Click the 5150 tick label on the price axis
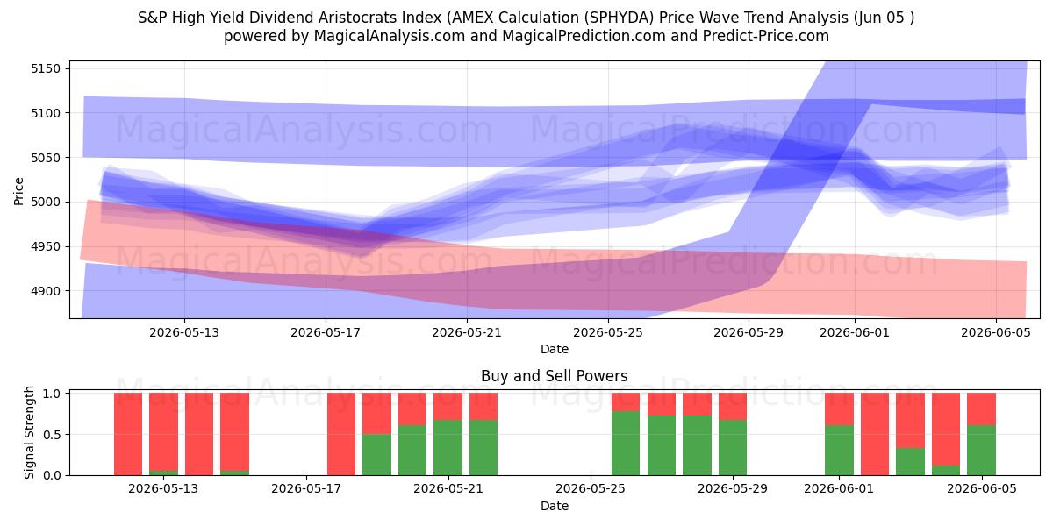click(46, 68)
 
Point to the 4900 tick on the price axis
click(46, 291)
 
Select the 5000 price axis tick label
click(46, 202)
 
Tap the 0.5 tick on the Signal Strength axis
click(52, 435)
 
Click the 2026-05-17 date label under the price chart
click(326, 332)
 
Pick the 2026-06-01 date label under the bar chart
click(839, 488)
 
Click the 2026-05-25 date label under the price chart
click(608, 332)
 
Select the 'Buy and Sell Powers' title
click(555, 376)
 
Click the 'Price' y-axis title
click(18, 191)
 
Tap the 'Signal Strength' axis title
click(29, 432)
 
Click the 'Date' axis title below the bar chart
click(555, 506)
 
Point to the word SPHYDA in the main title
click(621, 18)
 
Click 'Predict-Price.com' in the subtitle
click(766, 36)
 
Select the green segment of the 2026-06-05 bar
click(982, 450)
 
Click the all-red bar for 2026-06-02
click(875, 434)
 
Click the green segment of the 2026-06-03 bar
click(910, 462)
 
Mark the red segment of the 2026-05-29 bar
click(733, 406)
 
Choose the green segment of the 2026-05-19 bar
click(376, 455)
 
